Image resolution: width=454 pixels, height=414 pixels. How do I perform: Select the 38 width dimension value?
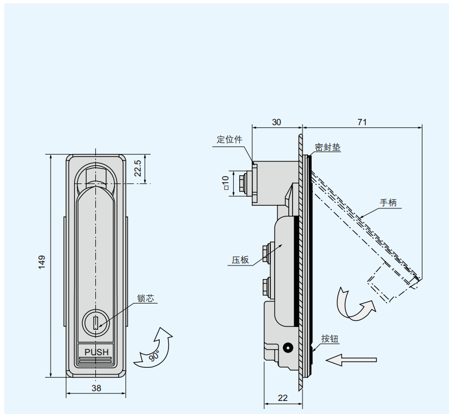point(96,388)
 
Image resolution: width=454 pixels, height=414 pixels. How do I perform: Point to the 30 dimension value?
point(276,122)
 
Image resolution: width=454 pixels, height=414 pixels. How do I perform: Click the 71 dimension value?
point(362,122)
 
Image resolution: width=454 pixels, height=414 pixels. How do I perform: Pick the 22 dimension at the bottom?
point(282,398)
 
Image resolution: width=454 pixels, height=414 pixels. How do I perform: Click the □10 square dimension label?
point(226,183)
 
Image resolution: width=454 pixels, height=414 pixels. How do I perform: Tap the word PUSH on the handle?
point(96,352)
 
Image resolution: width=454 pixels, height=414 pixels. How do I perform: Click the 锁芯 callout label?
point(146,298)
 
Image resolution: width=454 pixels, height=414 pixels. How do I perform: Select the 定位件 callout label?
point(229,139)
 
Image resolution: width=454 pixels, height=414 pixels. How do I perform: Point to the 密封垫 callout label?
point(328,147)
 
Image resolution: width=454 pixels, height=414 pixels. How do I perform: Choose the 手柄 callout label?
point(388,203)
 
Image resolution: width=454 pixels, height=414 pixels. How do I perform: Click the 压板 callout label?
point(240,260)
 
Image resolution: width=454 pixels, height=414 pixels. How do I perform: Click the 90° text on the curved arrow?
point(154,356)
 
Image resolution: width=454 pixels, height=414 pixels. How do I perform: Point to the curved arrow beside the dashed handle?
point(354,304)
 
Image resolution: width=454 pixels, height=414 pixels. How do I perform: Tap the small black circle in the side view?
point(288,348)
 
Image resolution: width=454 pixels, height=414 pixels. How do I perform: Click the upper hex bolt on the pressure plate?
point(265,251)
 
